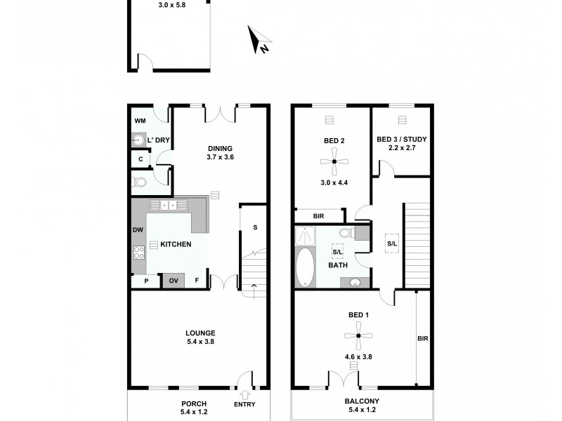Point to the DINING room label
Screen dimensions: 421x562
tap(220, 148)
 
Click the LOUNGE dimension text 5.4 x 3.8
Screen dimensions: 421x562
tap(200, 342)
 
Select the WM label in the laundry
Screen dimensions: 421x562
tap(140, 121)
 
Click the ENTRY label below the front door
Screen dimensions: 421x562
tap(244, 404)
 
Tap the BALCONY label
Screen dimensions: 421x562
tap(362, 402)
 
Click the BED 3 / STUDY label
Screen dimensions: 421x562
tap(402, 139)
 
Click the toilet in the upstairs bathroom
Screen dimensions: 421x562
tap(345, 233)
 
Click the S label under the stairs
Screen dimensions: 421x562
tap(254, 227)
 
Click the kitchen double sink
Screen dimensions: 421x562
tap(169, 205)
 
